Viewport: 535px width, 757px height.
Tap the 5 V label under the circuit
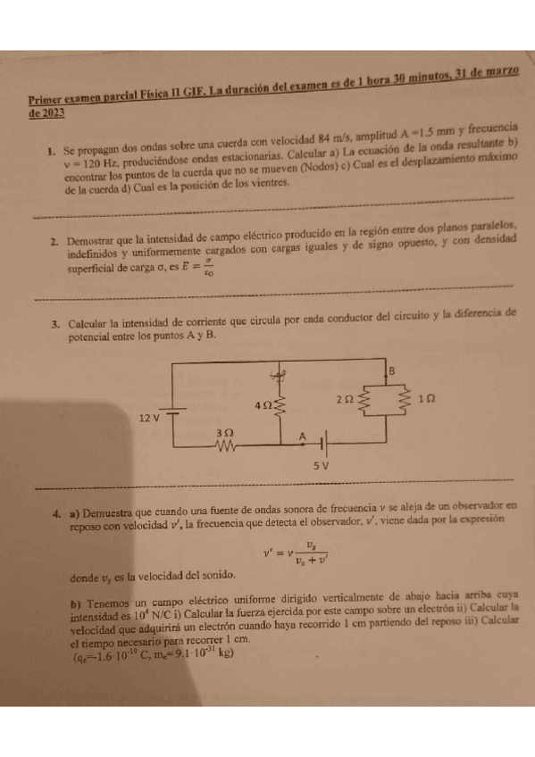(322, 465)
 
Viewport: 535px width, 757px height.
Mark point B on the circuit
(415, 370)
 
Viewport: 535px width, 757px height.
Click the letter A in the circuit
(302, 435)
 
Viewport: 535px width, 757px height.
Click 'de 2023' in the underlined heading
(46, 113)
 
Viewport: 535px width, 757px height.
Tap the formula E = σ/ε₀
(197, 268)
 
